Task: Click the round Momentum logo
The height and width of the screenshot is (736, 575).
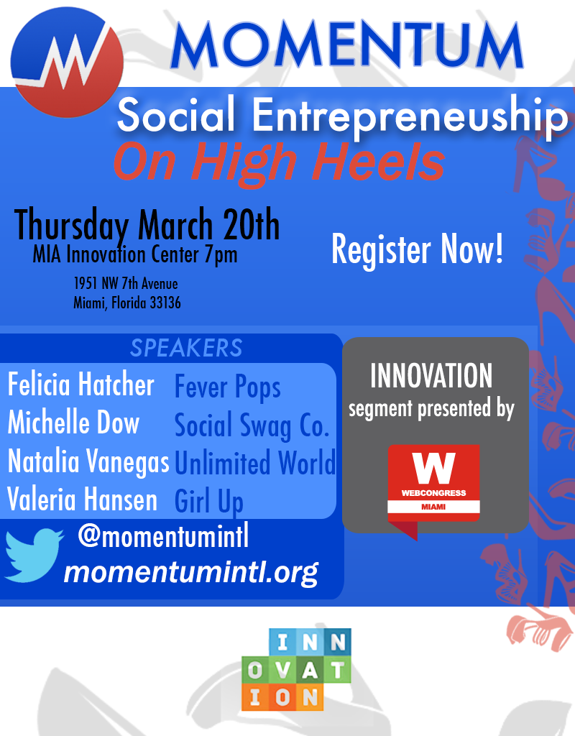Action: tap(67, 62)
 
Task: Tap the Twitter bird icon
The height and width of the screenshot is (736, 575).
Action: tap(34, 556)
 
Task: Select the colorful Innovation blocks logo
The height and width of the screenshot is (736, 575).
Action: tap(297, 669)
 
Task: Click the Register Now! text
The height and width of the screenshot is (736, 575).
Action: tap(418, 249)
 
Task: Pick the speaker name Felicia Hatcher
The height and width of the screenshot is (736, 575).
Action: tap(80, 385)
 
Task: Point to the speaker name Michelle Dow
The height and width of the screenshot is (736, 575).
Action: tap(74, 422)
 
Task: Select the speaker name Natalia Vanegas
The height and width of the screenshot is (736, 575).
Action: tap(88, 461)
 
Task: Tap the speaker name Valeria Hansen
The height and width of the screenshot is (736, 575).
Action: tap(82, 499)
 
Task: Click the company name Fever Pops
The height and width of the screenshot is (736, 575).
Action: tap(228, 387)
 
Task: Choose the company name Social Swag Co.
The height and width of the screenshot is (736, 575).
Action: tap(252, 425)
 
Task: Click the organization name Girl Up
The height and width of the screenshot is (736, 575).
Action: tap(209, 501)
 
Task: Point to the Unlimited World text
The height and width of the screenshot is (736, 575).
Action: tap(255, 463)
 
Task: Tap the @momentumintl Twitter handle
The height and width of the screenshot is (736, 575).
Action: tap(163, 536)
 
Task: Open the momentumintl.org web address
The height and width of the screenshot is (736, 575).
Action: tap(191, 572)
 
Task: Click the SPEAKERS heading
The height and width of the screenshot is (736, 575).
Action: tap(186, 348)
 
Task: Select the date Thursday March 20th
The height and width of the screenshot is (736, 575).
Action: tap(147, 224)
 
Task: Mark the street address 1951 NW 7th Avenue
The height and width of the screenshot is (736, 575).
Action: tap(126, 283)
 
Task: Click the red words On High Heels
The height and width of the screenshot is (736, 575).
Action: tap(279, 162)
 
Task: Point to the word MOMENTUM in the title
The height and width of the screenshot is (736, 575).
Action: tap(347, 45)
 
